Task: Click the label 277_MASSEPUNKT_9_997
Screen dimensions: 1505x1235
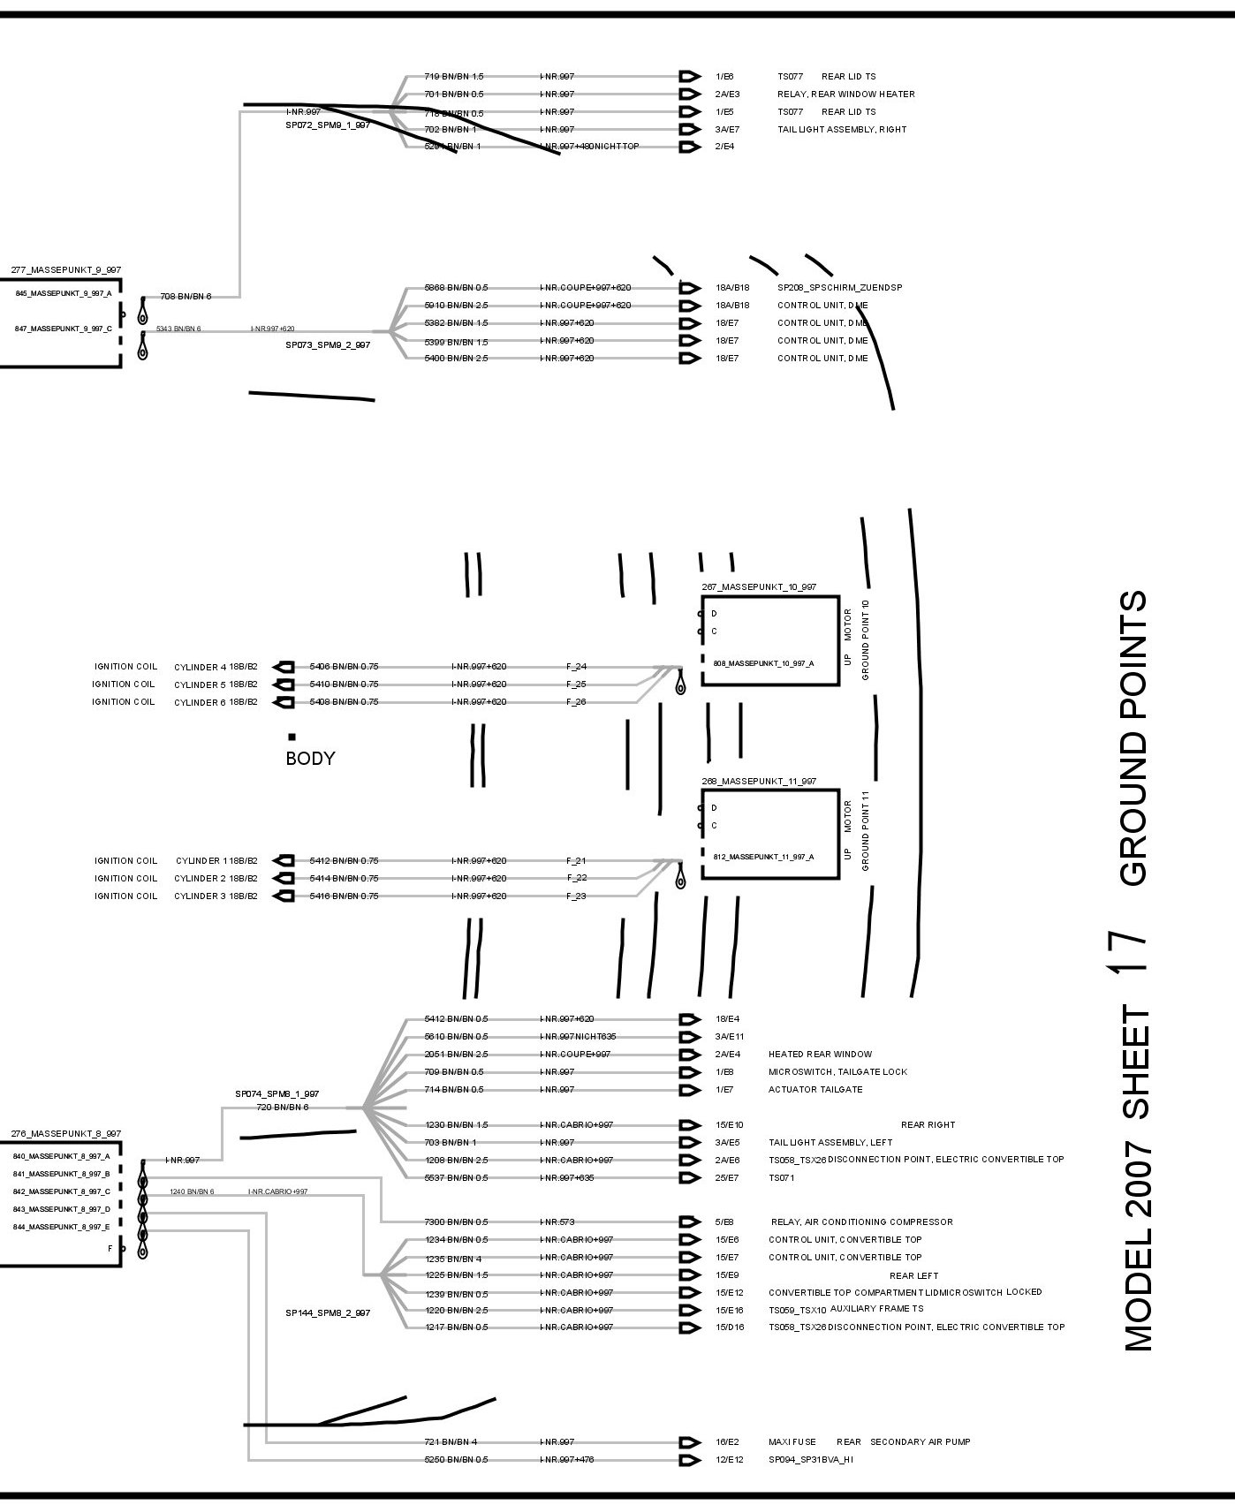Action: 66,270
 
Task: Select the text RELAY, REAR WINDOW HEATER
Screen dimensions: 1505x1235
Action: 845,95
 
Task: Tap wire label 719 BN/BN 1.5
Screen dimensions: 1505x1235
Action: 454,77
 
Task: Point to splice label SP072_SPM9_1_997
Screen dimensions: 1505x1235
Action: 328,125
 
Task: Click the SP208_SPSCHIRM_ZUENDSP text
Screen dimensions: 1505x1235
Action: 839,288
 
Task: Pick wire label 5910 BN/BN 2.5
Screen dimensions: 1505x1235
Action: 456,306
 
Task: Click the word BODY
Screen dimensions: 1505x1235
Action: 310,758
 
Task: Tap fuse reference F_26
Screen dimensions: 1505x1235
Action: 576,702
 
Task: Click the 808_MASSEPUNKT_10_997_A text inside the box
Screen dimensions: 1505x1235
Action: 763,663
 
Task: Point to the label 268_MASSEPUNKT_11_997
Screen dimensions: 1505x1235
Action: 759,782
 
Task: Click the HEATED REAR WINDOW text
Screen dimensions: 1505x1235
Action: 820,1055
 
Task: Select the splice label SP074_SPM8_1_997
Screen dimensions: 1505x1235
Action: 277,1093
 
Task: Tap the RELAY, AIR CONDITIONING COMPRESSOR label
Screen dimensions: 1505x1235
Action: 861,1222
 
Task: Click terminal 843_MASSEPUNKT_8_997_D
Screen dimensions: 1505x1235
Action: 61,1209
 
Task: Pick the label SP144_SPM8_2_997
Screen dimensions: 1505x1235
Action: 328,1313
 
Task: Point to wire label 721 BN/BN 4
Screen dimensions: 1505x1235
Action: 451,1442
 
